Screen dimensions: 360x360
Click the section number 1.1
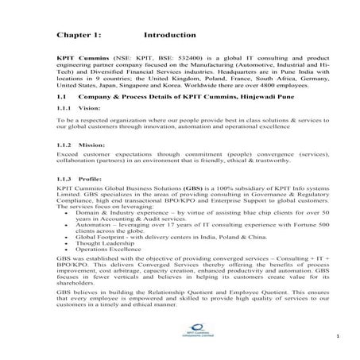63,94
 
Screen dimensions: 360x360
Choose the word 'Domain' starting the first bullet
87,214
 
